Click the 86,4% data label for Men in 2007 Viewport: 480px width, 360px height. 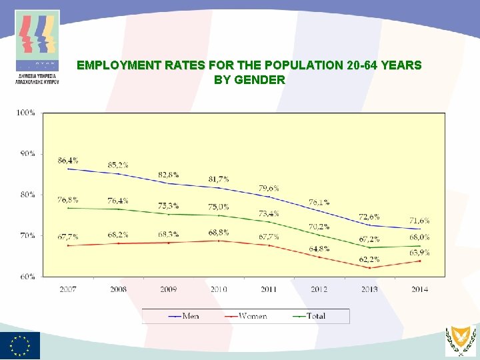click(68, 161)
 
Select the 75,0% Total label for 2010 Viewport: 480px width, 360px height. click(218, 207)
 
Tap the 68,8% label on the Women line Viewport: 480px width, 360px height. click(218, 232)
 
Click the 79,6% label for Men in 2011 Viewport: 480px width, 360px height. click(269, 189)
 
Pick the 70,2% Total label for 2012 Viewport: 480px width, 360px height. click(319, 227)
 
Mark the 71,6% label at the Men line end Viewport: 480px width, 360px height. click(419, 221)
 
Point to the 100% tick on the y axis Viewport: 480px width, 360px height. click(25, 113)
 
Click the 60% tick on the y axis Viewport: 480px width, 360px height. click(27, 277)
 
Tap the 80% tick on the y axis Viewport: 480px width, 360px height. click(27, 195)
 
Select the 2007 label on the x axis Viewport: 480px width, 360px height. click(68, 289)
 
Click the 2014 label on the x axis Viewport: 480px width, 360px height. click(419, 289)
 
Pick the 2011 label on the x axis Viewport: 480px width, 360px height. click(269, 289)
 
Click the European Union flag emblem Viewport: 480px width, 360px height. click(20, 345)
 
